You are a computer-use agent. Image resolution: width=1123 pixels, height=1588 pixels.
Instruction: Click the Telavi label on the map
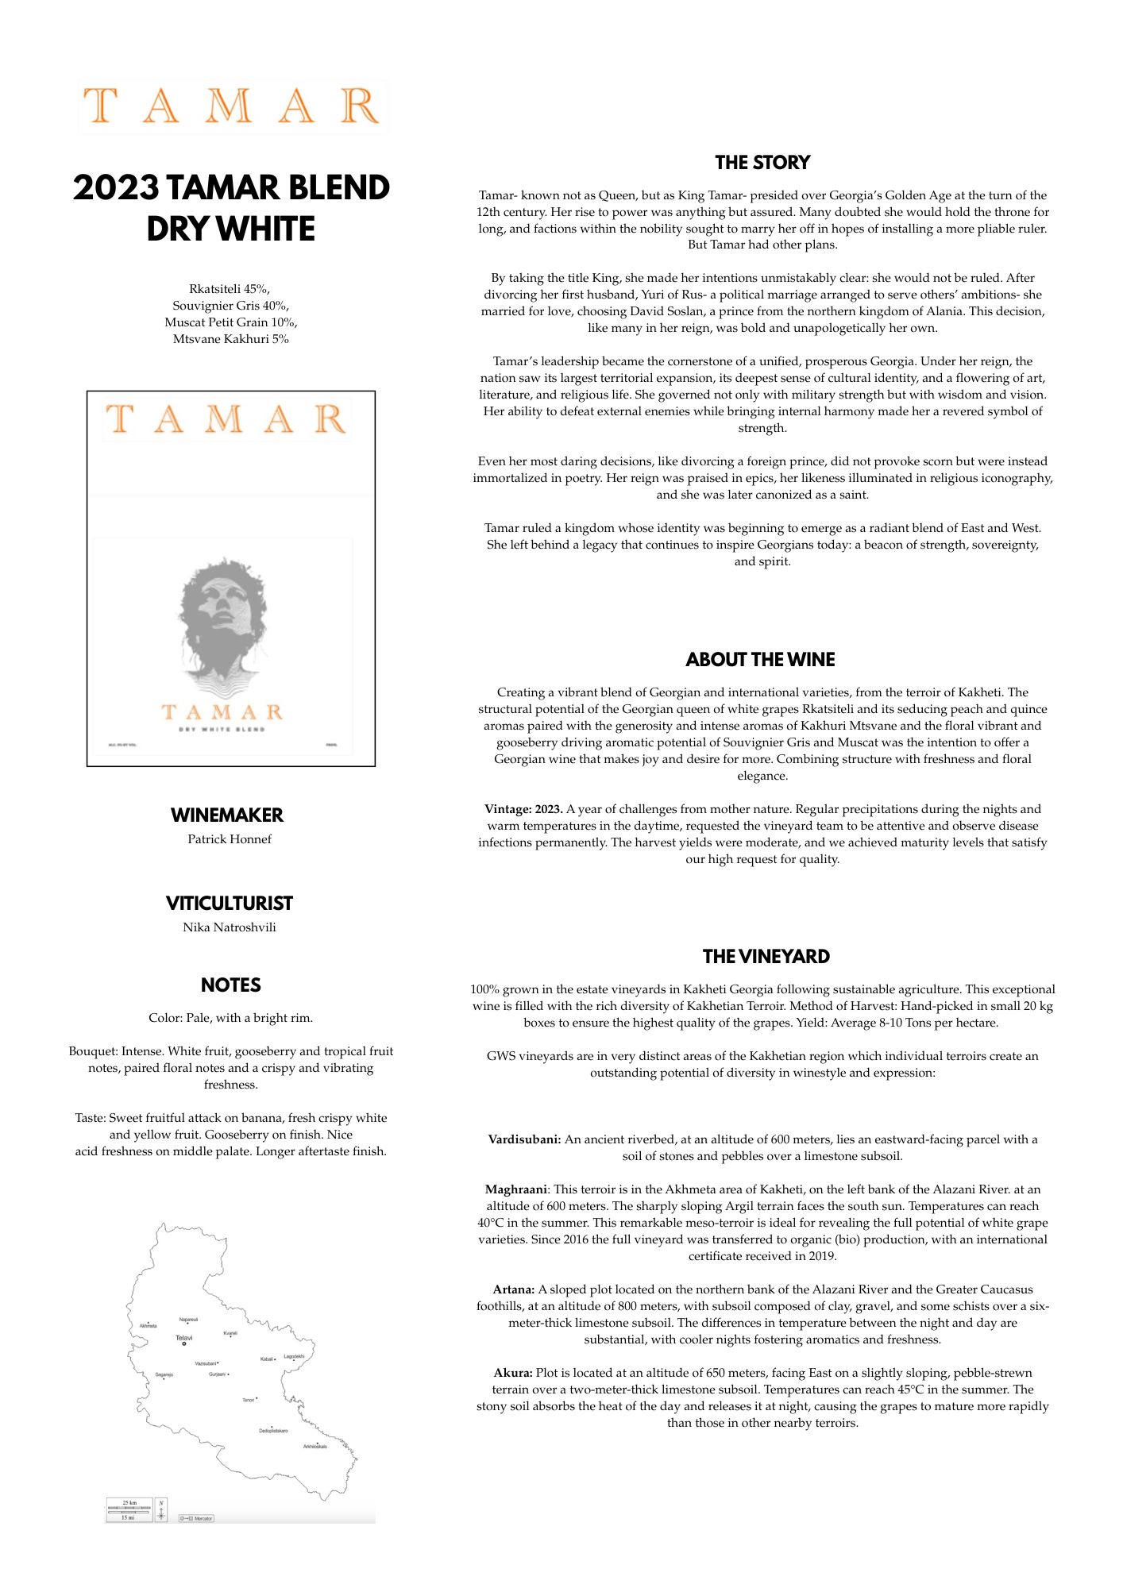[x=183, y=1338]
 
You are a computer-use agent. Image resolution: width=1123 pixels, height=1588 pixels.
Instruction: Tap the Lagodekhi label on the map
[x=294, y=1356]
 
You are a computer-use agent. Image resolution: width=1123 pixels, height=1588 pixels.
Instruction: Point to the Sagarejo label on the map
[x=164, y=1374]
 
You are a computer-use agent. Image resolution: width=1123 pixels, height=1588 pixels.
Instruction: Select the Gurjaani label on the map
[x=217, y=1374]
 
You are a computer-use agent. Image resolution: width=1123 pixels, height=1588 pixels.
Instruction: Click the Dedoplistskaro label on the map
[x=273, y=1431]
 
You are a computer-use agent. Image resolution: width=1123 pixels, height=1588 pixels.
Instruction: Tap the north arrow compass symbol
[x=161, y=1509]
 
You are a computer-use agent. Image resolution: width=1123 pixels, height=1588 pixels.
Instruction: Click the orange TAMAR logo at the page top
[x=231, y=106]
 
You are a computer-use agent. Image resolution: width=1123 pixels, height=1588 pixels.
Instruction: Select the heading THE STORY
[x=762, y=163]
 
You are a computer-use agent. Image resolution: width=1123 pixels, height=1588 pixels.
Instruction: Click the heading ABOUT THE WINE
[x=760, y=660]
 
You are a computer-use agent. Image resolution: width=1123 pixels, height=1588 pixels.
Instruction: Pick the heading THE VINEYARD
[x=766, y=957]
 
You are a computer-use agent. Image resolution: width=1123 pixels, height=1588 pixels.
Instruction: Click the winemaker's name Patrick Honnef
[x=230, y=839]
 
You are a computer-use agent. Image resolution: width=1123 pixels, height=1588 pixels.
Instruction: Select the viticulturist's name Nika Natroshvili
[x=230, y=927]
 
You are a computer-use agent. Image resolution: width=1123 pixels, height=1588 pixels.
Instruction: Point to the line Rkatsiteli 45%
[x=230, y=289]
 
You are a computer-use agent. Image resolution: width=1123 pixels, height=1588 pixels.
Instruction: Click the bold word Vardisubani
[x=524, y=1139]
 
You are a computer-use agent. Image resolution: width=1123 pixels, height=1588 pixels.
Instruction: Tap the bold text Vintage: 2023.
[x=523, y=809]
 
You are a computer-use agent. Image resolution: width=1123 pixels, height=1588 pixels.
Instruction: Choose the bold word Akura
[x=513, y=1373]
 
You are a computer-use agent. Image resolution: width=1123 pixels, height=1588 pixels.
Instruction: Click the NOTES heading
[x=230, y=985]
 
